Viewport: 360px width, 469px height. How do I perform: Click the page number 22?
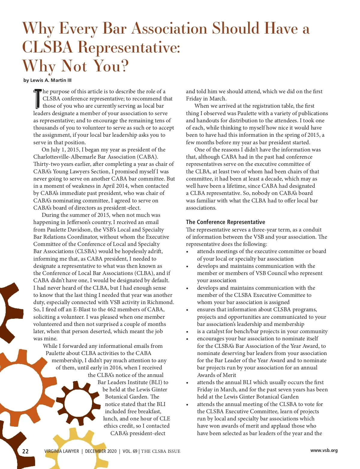tap(25, 451)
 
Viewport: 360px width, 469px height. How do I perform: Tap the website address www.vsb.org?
tap(324, 450)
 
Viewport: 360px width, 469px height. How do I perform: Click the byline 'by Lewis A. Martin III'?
tap(47, 80)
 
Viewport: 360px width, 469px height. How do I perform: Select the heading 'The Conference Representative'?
tap(225, 222)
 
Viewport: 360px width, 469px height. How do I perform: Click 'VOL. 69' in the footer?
tap(130, 451)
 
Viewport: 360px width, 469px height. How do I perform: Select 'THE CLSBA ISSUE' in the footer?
tap(161, 451)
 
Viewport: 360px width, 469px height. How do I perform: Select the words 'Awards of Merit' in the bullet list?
tap(216, 375)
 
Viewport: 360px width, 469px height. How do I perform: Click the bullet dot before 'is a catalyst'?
tap(187, 332)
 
